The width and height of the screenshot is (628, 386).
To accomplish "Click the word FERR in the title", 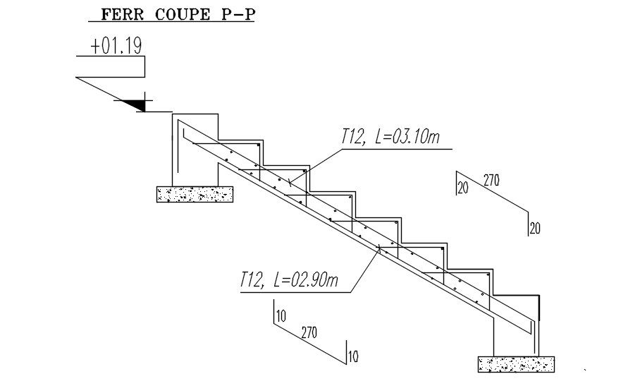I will click(119, 13).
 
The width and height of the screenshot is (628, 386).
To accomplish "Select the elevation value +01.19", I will click(116, 47).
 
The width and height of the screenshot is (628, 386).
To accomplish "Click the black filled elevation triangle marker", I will click(135, 104).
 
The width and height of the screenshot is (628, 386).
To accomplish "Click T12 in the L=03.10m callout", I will click(352, 137).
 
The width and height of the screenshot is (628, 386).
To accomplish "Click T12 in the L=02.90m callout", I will click(251, 280).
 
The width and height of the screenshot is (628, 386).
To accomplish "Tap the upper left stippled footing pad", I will click(195, 194).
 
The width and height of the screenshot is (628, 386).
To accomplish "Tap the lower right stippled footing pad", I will click(516, 364).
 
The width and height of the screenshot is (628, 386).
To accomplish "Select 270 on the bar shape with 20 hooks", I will click(491, 181).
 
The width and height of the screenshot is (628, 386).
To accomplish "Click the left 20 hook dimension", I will click(462, 188).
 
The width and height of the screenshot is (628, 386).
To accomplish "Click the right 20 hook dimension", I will click(535, 228).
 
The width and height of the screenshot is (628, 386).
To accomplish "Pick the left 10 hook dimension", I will click(281, 316).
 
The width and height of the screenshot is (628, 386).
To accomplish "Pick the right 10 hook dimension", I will click(353, 356).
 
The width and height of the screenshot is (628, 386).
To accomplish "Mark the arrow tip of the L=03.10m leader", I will click(288, 184).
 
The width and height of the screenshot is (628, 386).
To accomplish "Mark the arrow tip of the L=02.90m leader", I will click(378, 246).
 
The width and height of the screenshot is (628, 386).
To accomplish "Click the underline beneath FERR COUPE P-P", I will click(169, 23).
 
